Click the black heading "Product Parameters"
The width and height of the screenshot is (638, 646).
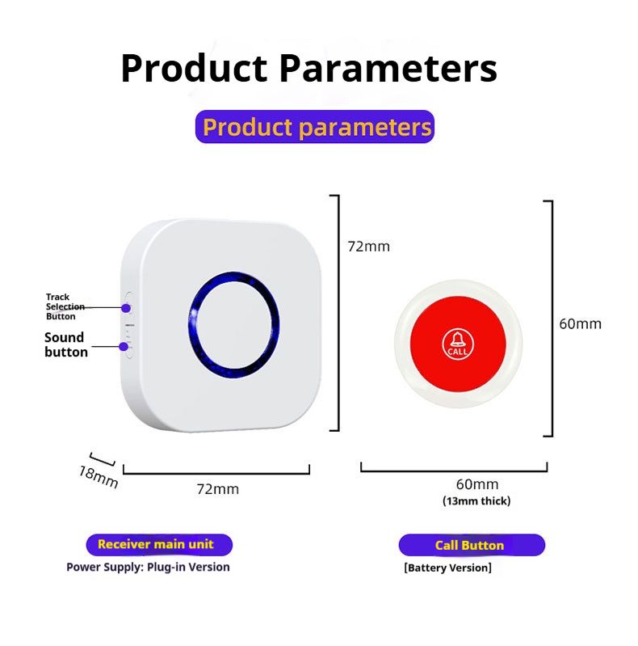tap(309, 69)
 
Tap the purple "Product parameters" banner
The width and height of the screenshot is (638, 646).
tap(315, 127)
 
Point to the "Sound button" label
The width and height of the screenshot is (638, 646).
tap(65, 344)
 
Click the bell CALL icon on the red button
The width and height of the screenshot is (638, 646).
tap(457, 343)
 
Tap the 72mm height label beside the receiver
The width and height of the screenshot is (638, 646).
tap(368, 247)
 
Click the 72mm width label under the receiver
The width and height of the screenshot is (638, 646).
tap(218, 488)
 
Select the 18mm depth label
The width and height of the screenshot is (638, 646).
tap(99, 476)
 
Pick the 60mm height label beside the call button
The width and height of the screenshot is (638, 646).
tap(580, 324)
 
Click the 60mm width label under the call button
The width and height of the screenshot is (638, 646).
tap(476, 484)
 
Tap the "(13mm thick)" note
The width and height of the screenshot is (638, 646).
tap(476, 501)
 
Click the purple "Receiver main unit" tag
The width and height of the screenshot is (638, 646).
tap(160, 544)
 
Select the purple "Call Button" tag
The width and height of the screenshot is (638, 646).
tap(471, 545)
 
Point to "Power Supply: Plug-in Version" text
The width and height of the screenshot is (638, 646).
tap(148, 567)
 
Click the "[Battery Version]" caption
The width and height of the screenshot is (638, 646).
tap(447, 568)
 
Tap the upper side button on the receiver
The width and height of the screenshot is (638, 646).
tap(126, 307)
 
